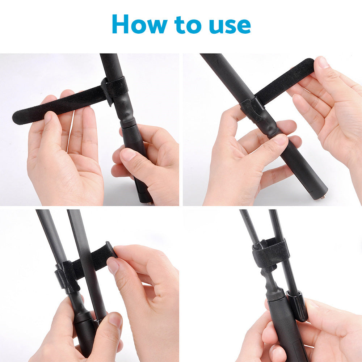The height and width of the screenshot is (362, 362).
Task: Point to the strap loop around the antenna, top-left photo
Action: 115,89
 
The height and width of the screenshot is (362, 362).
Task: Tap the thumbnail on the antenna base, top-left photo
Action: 128,155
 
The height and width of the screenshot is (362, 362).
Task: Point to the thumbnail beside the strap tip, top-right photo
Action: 323,62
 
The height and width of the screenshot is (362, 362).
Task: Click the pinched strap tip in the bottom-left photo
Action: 110,250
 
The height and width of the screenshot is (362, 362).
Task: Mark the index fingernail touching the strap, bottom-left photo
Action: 113,266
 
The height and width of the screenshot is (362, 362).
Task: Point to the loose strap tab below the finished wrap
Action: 268,268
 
